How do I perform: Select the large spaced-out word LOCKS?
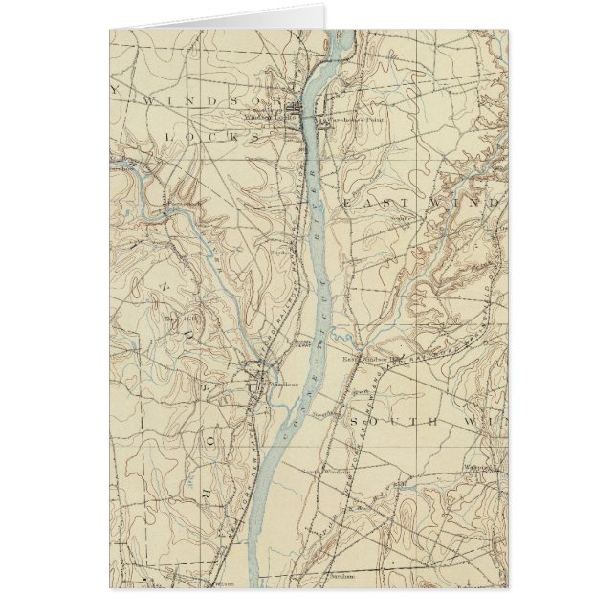click(x=211, y=137)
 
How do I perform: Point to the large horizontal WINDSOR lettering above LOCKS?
click(x=212, y=99)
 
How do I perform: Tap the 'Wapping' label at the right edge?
click(x=477, y=468)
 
